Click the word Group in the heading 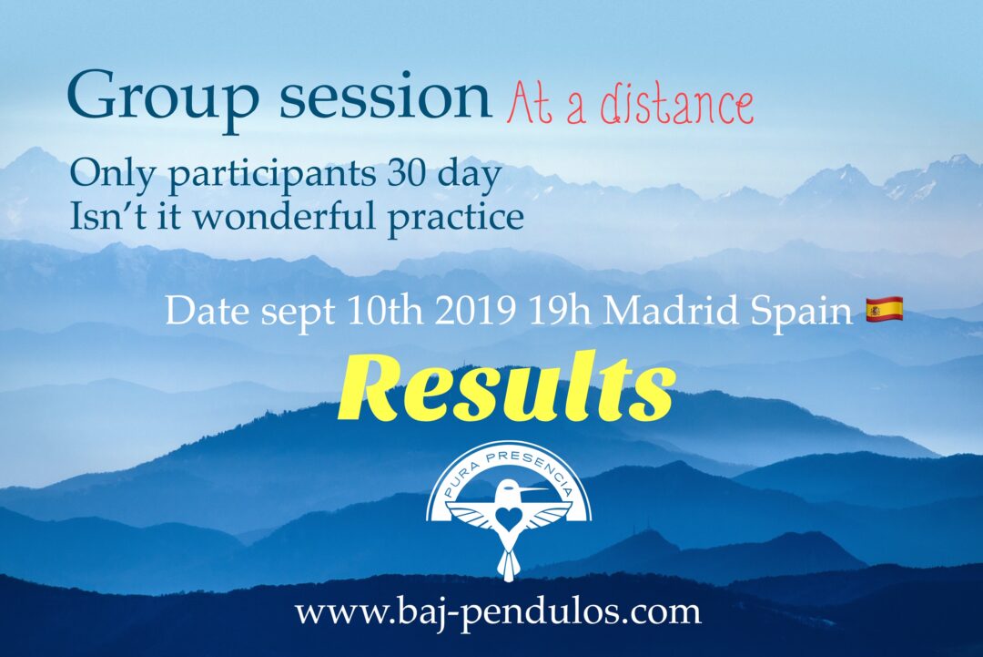[163, 100]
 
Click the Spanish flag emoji [884, 309]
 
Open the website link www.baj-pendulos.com [498, 611]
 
